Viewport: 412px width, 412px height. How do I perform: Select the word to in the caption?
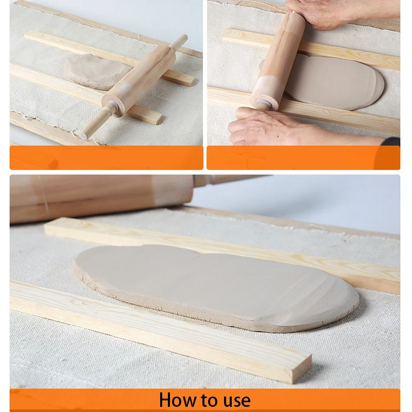(x=210, y=400)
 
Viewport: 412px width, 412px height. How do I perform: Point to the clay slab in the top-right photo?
(x=334, y=82)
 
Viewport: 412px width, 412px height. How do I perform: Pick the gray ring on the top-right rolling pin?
(x=263, y=103)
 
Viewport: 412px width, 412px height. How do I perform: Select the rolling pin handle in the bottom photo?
(x=231, y=179)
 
